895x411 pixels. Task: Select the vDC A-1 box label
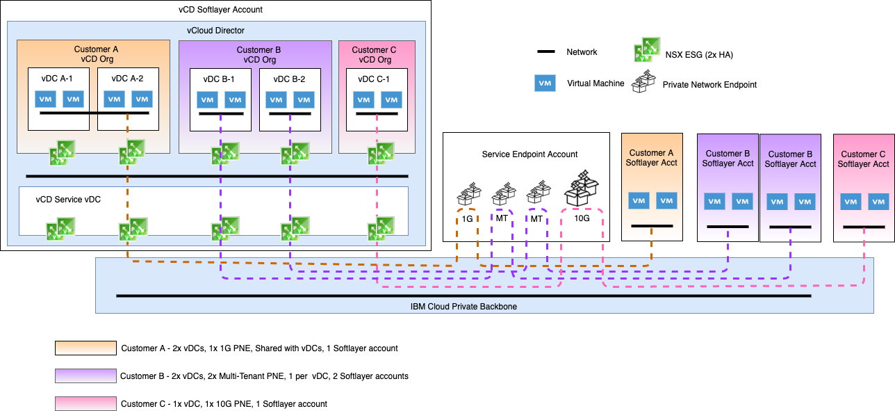[x=58, y=79]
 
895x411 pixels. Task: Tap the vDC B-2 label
[x=290, y=79]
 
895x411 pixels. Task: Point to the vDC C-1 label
[x=374, y=79]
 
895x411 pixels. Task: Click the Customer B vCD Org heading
[x=258, y=54]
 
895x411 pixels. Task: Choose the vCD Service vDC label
[x=68, y=200]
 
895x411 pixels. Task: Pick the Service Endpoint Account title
[x=526, y=154]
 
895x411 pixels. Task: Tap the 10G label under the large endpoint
[x=582, y=218]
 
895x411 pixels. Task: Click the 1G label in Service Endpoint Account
[x=468, y=218]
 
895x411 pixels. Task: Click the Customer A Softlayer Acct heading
[x=652, y=158]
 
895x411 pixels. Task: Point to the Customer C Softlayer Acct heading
[x=863, y=159]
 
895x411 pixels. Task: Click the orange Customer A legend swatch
[x=85, y=348]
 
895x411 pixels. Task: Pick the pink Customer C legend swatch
[x=85, y=403]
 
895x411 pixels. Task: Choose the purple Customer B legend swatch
[x=85, y=376]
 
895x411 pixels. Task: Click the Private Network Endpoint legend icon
[x=645, y=83]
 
